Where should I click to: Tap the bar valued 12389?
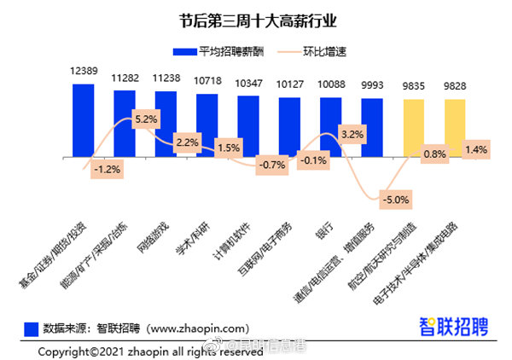(84, 120)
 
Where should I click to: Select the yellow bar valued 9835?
(413, 128)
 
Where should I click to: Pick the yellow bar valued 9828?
(455, 128)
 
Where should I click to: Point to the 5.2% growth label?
(146, 119)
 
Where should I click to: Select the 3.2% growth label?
(352, 134)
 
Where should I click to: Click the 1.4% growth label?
(475, 149)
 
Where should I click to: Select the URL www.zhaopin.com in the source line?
(197, 327)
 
